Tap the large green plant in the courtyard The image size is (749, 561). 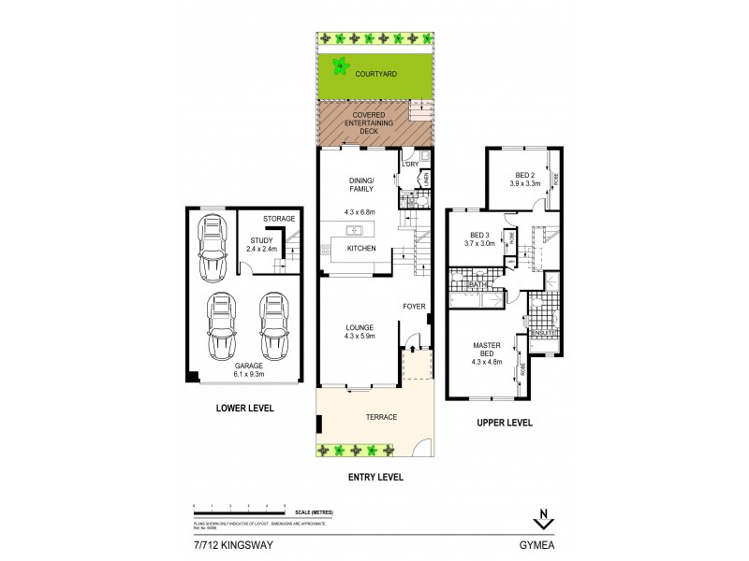(x=340, y=67)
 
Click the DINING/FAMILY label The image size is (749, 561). (x=361, y=184)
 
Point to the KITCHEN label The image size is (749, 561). (x=361, y=249)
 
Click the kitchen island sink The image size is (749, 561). (x=355, y=229)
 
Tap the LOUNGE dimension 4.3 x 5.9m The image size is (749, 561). (x=360, y=336)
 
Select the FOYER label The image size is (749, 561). (x=414, y=307)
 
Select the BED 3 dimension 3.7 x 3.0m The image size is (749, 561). (x=480, y=244)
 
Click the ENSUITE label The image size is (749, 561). (x=543, y=332)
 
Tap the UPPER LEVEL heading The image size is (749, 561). (x=505, y=423)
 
